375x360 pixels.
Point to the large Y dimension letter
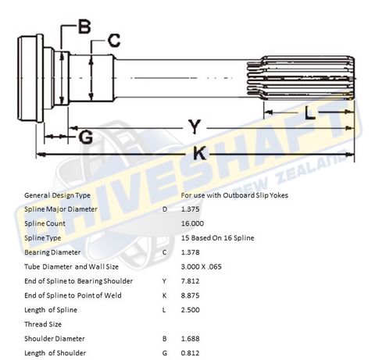pos(191,126)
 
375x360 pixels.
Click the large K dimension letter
pos(199,154)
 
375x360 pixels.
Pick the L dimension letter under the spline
pos(310,114)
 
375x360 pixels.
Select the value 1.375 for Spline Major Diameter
pos(191,209)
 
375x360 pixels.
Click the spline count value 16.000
pos(192,223)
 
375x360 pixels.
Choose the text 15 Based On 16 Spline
pos(217,237)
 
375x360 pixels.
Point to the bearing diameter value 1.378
pos(191,252)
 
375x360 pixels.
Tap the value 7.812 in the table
pos(191,280)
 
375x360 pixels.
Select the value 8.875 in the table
pos(191,295)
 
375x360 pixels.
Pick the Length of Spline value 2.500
pos(191,309)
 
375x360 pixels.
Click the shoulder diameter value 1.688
pos(191,338)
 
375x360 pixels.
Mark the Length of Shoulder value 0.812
pos(191,352)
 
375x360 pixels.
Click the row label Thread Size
pos(44,323)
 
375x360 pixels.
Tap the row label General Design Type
pos(58,194)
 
